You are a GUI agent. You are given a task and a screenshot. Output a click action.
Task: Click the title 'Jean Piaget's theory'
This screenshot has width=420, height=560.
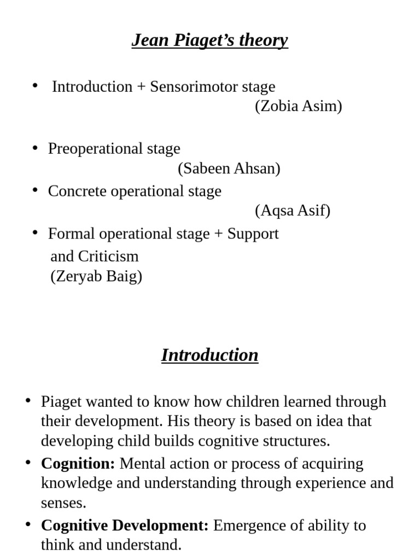(209, 40)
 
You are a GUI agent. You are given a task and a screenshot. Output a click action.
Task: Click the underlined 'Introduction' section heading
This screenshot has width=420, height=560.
(209, 355)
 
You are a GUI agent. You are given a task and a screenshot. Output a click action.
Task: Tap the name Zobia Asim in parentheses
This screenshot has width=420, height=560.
(298, 106)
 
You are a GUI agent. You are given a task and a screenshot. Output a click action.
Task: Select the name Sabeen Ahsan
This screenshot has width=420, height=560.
(229, 169)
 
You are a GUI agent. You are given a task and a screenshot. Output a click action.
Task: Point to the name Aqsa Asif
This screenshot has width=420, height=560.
(293, 211)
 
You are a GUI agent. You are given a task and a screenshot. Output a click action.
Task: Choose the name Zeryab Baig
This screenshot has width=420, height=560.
(96, 276)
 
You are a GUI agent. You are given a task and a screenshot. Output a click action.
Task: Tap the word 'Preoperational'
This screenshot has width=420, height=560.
(86, 149)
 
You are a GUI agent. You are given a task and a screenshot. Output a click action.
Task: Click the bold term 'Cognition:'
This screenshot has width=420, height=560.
(78, 464)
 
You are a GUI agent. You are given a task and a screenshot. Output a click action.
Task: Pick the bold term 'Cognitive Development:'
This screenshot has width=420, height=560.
(125, 526)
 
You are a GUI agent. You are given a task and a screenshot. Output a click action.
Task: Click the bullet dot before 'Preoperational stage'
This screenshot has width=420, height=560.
(36, 148)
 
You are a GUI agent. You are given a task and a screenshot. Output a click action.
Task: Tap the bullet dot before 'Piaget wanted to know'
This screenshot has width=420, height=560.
(28, 401)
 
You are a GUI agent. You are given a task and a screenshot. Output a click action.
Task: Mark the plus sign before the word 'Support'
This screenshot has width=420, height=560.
(218, 234)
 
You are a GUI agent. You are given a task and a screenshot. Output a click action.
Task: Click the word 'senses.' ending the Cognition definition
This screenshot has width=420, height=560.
(63, 503)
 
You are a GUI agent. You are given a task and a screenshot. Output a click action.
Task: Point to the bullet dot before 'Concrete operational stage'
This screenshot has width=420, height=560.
(36, 190)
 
